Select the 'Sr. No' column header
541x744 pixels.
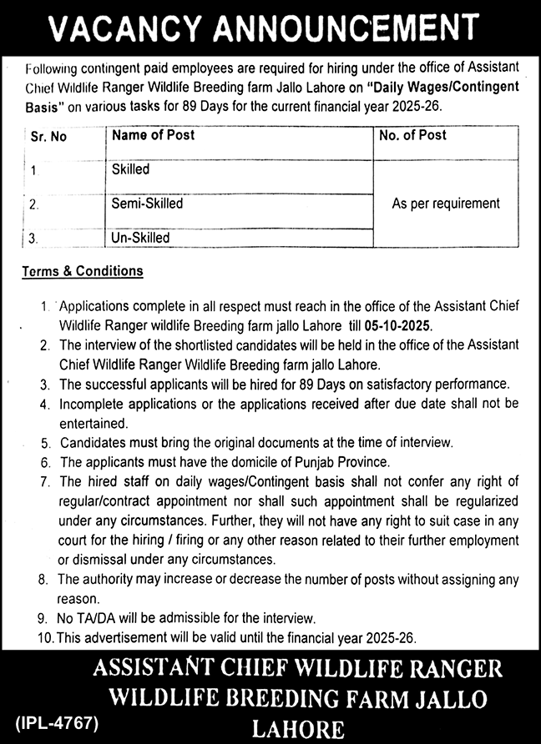coord(48,137)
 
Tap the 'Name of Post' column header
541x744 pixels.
coord(153,134)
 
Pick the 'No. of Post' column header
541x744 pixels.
coord(412,134)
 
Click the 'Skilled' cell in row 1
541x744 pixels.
coord(130,169)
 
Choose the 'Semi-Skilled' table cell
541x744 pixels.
coord(147,203)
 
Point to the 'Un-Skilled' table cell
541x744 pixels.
coord(140,238)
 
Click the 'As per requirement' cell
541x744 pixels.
coord(446,204)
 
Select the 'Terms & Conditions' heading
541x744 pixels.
coord(83,271)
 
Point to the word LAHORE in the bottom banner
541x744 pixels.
coord(299,730)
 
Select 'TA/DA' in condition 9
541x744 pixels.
coord(96,619)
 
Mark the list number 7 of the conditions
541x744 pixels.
coord(43,481)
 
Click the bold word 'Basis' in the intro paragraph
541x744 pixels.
coord(37,108)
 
